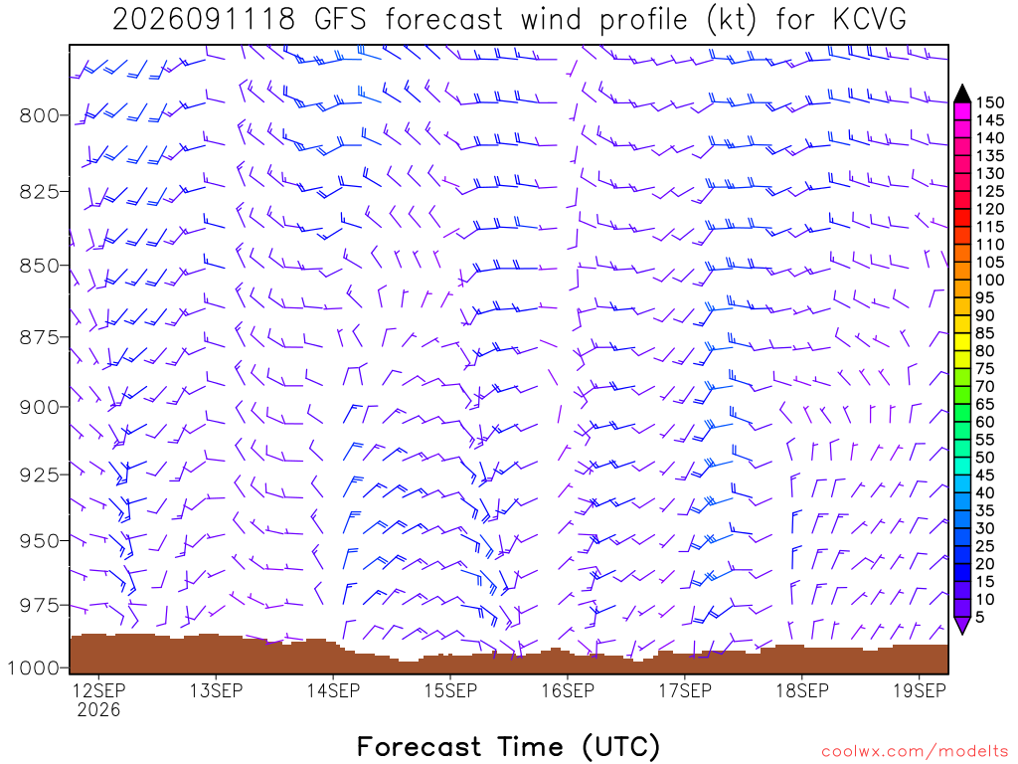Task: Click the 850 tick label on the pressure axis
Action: tap(38, 266)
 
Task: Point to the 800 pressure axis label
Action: tap(38, 115)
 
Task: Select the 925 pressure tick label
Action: tap(38, 475)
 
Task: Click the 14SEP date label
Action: tap(333, 690)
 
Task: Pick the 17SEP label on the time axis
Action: tap(685, 690)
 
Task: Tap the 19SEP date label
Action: tap(920, 690)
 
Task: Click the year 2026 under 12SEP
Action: tap(98, 709)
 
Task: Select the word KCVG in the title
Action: tap(869, 19)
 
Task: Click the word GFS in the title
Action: tap(340, 19)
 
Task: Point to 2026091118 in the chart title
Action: tap(204, 19)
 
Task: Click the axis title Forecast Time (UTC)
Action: tap(508, 746)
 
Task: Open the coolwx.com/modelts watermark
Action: tap(915, 752)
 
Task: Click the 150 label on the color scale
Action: tap(990, 102)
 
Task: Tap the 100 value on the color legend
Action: tap(990, 280)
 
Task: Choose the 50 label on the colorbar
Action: tap(985, 458)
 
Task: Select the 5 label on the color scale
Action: tap(980, 617)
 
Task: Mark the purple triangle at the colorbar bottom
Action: tap(962, 625)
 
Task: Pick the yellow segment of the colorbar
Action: tap(962, 342)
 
